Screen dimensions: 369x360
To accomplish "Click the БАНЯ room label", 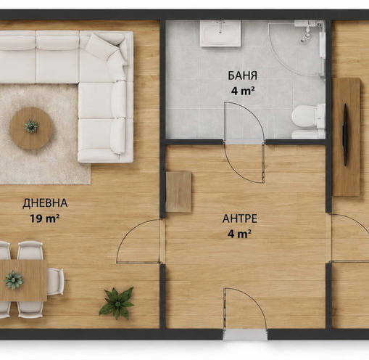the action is pos(242,75).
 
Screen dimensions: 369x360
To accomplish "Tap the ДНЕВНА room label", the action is pos(45,203).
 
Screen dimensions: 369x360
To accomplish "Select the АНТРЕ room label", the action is pos(240,218).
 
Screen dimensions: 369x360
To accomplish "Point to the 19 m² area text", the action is pos(44,218).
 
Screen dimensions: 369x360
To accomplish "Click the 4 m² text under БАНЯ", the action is pos(243,91).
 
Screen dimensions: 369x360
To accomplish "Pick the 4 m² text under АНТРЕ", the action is pos(239,234).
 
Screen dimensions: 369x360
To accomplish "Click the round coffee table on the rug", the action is pos(31,128).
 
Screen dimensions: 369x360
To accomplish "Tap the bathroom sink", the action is pos(220,33).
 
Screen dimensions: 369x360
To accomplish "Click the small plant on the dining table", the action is pos(14,279).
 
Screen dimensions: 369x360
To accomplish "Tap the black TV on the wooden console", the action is pos(346,135).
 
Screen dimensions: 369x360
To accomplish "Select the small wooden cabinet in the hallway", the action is pos(179,192).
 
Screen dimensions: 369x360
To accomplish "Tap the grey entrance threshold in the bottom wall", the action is pos(245,335).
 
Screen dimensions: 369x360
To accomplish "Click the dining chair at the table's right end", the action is pos(55,281).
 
